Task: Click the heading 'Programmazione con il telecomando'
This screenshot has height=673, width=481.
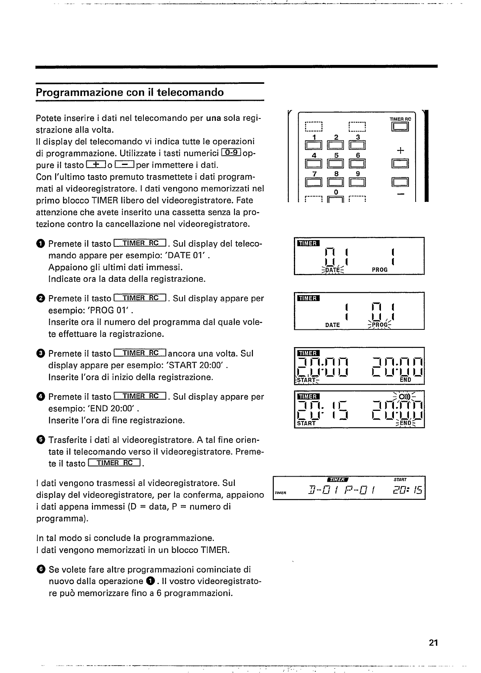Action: (130, 92)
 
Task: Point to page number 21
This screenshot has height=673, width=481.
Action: (433, 643)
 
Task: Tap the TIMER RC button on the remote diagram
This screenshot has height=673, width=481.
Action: (400, 127)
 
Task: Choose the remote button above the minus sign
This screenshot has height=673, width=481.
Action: (400, 182)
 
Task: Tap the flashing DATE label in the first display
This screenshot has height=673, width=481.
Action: (332, 270)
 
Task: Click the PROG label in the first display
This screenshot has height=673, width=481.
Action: (380, 270)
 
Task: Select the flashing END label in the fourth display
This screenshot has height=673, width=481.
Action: (405, 424)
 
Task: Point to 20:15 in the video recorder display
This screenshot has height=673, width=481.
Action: (405, 491)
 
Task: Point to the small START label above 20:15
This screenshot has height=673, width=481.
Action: (400, 480)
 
